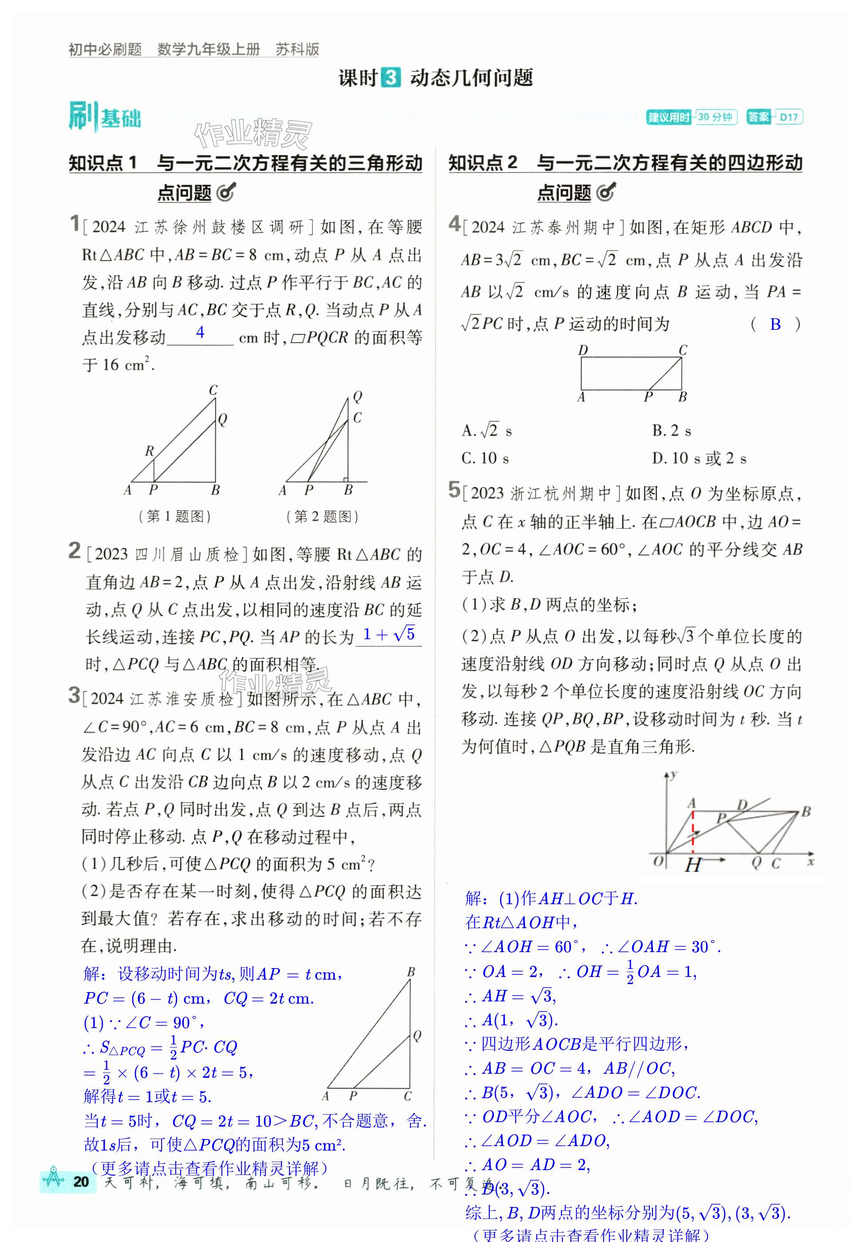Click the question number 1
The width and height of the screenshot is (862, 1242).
(x=75, y=223)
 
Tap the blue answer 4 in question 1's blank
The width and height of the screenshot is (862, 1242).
(x=200, y=332)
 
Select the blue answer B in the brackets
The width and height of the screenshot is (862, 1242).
(x=775, y=324)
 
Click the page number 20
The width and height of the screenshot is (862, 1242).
(x=81, y=1182)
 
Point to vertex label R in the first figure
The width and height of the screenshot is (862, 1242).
(x=150, y=451)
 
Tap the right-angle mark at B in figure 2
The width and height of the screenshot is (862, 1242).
(x=345, y=479)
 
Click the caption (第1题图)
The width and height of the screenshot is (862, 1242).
(x=174, y=516)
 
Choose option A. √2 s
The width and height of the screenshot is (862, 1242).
(x=486, y=431)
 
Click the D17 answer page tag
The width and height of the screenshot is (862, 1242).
(x=789, y=117)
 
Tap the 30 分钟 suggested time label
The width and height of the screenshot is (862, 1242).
(x=715, y=117)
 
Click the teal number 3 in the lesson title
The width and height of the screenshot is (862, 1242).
(x=391, y=77)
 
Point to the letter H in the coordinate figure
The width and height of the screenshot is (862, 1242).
(x=692, y=866)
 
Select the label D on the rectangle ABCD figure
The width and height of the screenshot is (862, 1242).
(x=583, y=350)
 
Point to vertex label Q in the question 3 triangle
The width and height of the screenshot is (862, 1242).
(x=417, y=1035)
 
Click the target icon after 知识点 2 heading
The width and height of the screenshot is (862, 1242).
(x=606, y=192)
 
